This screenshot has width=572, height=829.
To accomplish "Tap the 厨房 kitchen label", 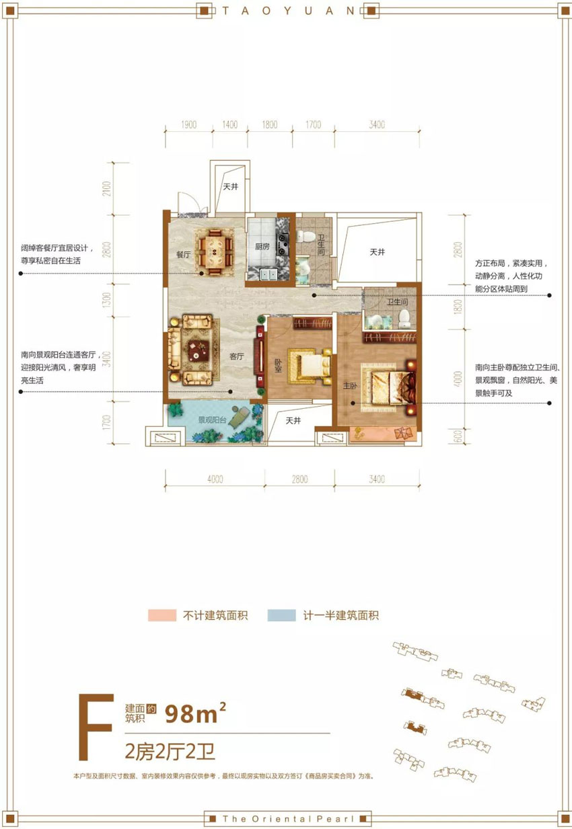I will point(262,247).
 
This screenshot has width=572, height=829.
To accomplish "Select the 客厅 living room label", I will point(236,357).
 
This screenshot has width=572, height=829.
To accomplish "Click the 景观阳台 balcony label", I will point(212,420).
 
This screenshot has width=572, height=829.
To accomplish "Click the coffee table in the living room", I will point(198,348).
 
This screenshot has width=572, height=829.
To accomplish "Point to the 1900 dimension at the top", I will point(188,125).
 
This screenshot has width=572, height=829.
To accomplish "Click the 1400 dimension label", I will point(229,125).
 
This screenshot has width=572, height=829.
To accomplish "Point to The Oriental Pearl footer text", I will point(286,818).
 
